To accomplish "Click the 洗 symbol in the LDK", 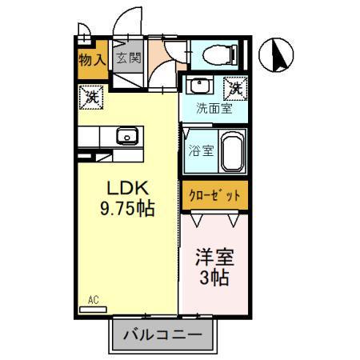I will point(90,98).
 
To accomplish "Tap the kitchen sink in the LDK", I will point(127,136).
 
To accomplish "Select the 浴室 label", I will point(201,150).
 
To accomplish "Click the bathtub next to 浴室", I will point(233,152).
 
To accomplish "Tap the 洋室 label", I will point(214,260).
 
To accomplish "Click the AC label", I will point(92,301).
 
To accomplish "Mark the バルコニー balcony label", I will point(163,334).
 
